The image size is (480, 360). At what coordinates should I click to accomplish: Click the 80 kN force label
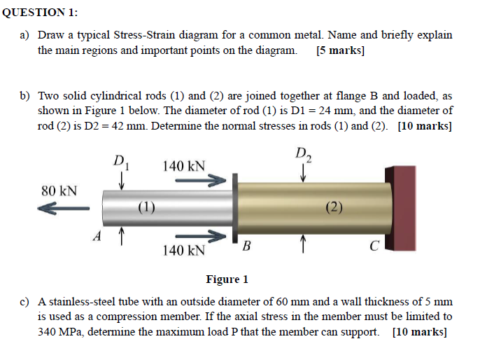[59, 191]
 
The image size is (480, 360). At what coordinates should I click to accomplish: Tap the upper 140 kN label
[184, 166]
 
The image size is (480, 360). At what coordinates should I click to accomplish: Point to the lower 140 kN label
[184, 250]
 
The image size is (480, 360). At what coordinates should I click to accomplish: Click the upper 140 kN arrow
[201, 181]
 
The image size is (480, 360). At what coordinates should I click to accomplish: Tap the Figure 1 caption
[227, 279]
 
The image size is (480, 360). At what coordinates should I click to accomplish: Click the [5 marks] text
[341, 51]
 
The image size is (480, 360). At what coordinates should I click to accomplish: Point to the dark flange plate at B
[237, 207]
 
